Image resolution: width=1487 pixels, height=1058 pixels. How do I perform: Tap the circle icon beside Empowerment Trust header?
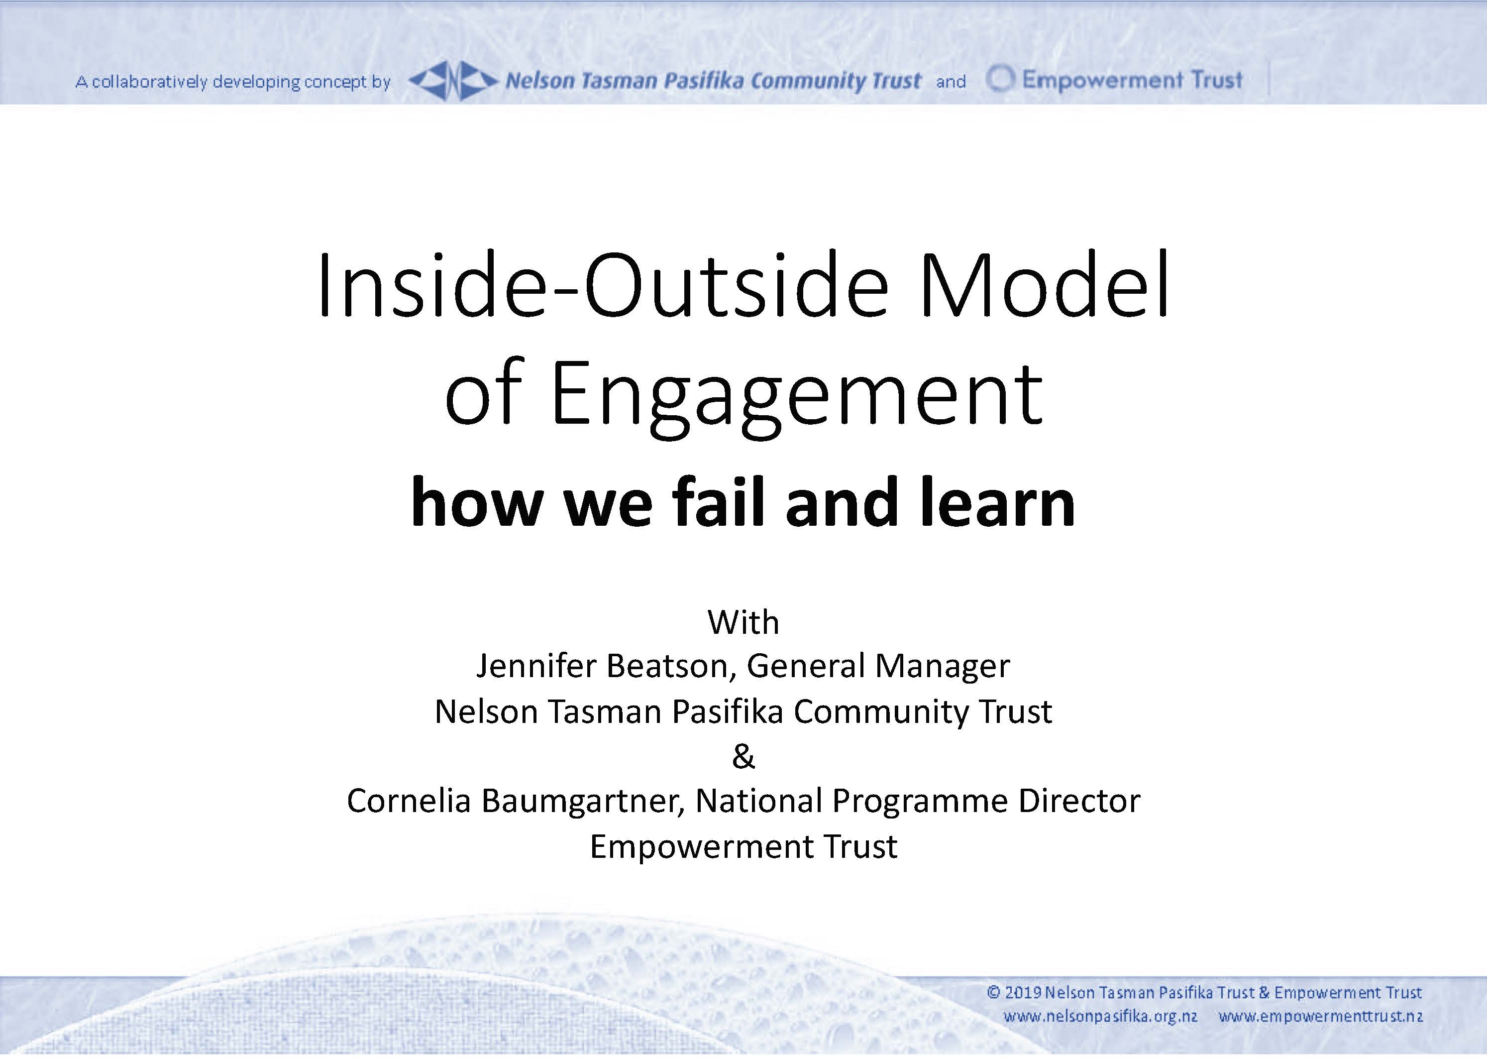click(x=1000, y=80)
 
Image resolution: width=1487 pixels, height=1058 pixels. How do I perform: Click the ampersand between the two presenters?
click(x=743, y=756)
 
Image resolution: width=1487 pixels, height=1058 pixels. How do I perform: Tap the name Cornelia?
click(x=408, y=801)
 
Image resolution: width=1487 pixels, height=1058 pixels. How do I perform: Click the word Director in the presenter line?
click(x=1079, y=801)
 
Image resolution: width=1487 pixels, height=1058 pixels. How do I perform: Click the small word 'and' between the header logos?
click(x=951, y=82)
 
